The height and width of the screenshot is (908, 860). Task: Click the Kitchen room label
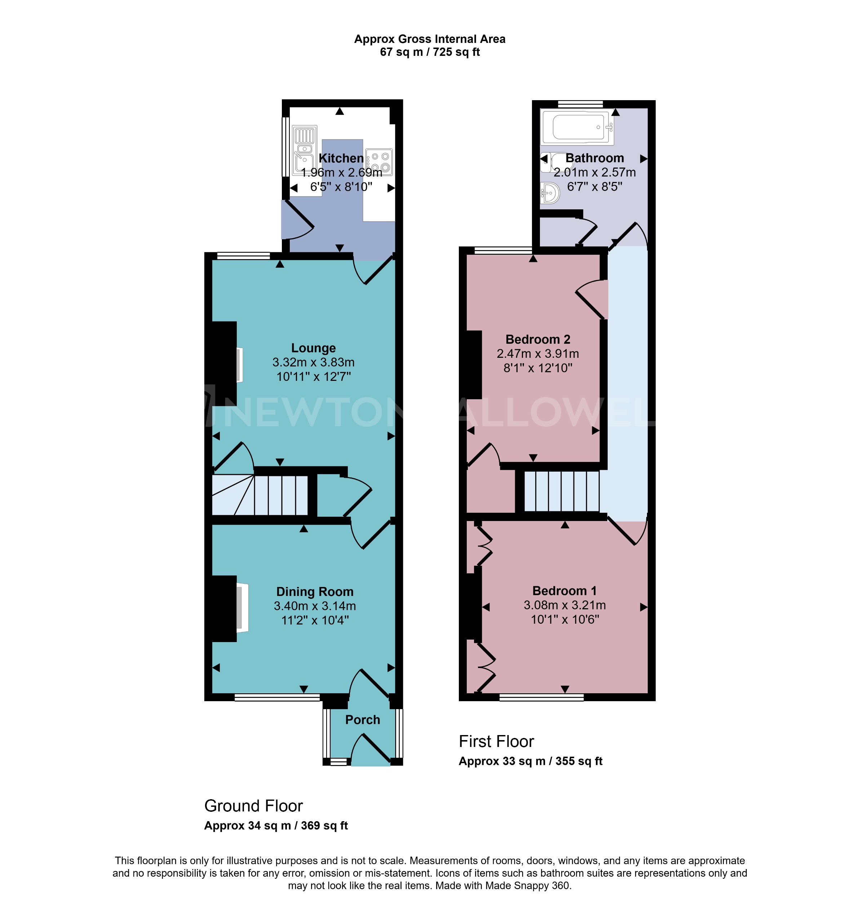[x=341, y=158]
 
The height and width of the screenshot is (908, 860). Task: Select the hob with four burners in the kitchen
[x=379, y=162]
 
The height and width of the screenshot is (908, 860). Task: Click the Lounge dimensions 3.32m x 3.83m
[x=313, y=362]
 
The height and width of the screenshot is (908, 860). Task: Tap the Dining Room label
[x=314, y=592]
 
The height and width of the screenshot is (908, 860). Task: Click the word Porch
[x=362, y=720]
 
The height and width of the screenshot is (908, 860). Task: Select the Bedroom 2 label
[x=538, y=339]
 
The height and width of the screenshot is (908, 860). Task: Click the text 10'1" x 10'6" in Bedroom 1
[x=565, y=620]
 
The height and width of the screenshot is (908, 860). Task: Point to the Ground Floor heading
[x=253, y=806]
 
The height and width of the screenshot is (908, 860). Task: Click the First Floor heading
[x=496, y=742]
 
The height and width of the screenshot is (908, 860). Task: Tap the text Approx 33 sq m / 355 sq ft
[x=531, y=761]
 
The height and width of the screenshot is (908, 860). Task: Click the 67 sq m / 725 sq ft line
[x=430, y=52]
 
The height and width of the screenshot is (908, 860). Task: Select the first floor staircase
[x=562, y=492]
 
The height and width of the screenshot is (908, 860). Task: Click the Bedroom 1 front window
[x=541, y=698]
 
